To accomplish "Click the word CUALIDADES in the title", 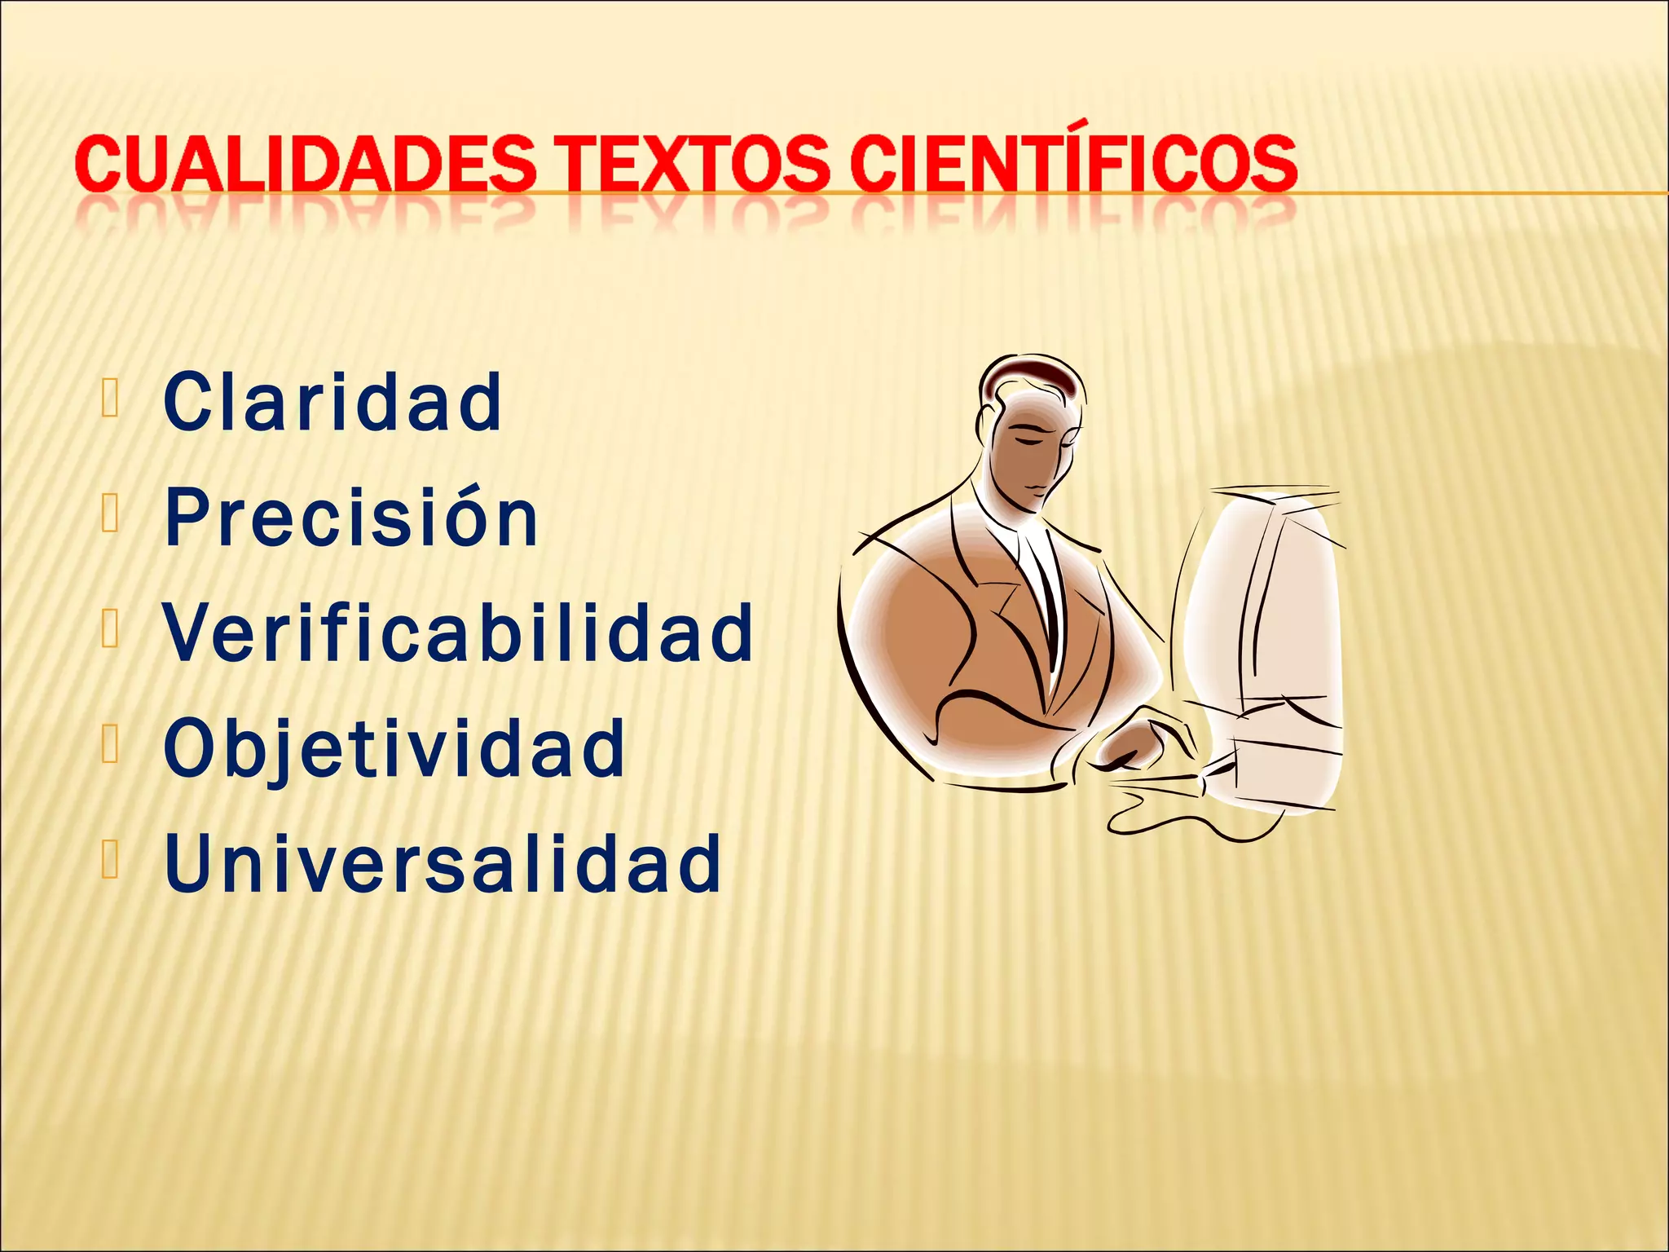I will pos(305,164).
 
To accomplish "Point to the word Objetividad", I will pos(394,748).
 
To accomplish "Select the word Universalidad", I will pos(443,863).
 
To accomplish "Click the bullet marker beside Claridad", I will pos(111,400).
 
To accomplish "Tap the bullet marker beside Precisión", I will pos(111,516).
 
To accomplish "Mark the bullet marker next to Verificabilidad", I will pos(111,632).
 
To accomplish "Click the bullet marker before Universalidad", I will pos(111,862).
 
